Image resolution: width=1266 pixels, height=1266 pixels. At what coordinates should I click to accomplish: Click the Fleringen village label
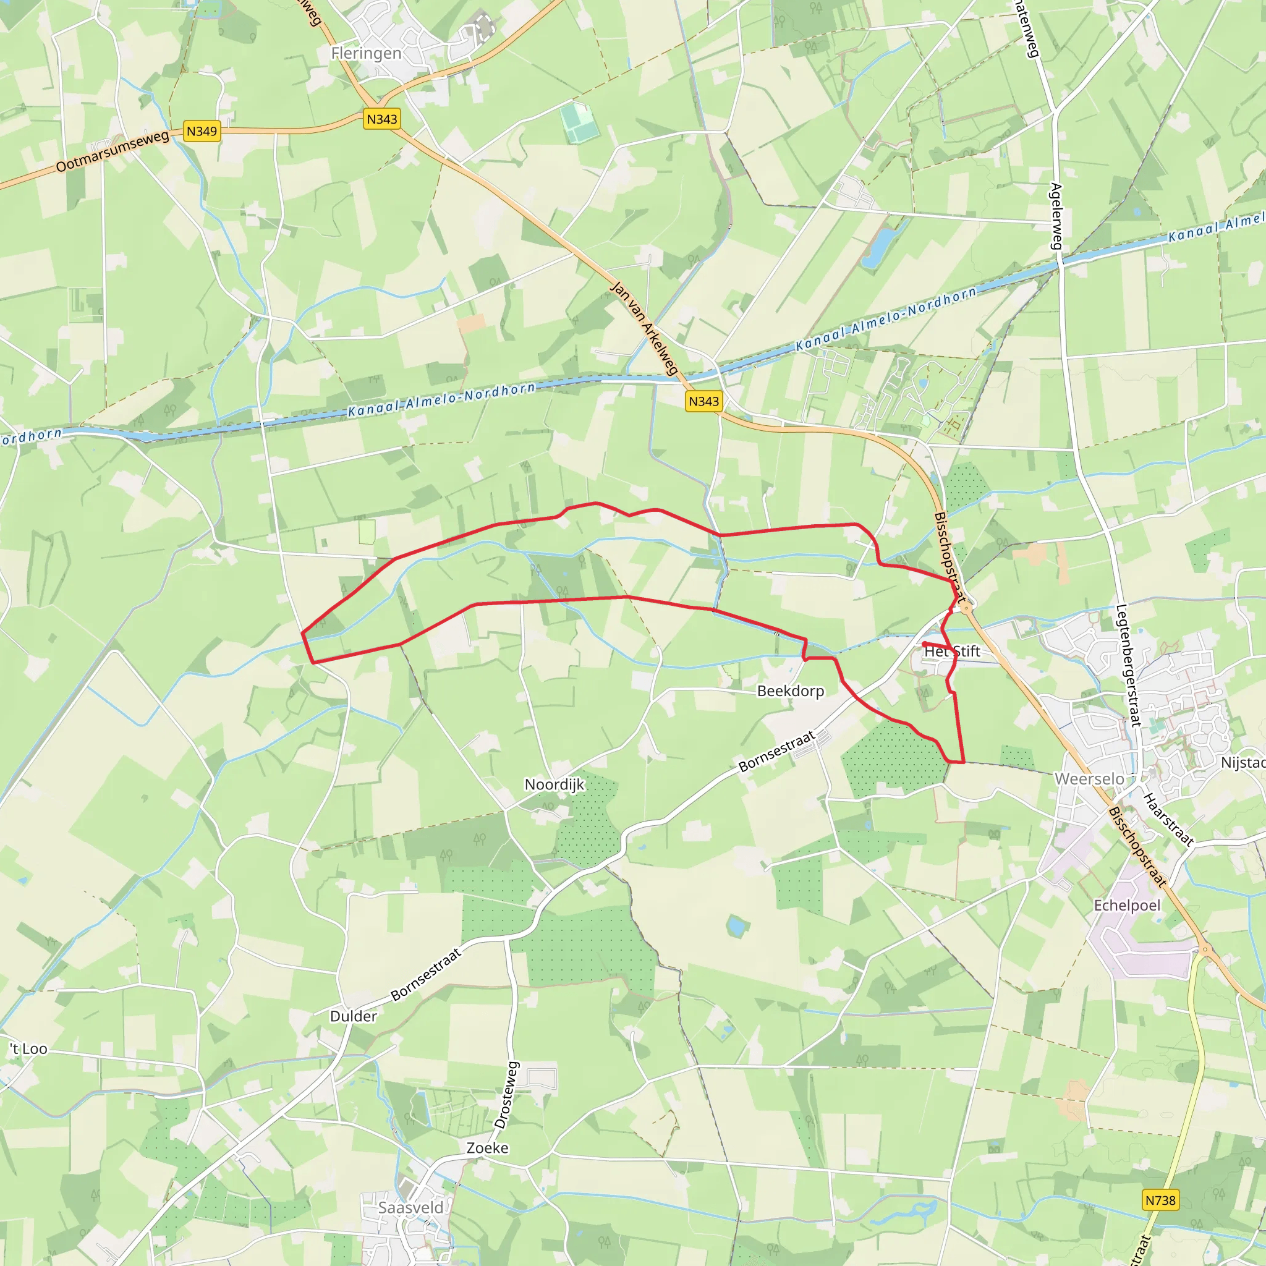tap(366, 53)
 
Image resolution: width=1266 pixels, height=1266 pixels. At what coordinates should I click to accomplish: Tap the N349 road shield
tap(201, 131)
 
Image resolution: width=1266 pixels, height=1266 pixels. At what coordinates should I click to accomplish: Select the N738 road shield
tap(1160, 1200)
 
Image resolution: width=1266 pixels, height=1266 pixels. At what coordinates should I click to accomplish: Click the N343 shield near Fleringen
tap(381, 119)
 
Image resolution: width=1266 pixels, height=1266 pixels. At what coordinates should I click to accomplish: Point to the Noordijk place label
tap(554, 784)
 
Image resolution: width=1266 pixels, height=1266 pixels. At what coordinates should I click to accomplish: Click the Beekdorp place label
tap(790, 690)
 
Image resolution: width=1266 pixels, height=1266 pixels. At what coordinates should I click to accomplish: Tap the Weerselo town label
tap(1089, 778)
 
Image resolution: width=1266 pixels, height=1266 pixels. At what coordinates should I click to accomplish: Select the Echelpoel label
tap(1127, 905)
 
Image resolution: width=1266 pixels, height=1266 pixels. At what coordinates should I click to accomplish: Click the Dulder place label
tap(353, 1016)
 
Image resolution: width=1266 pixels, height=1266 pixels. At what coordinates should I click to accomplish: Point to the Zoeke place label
tap(487, 1147)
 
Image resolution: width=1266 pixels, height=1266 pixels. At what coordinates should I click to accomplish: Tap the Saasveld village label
tap(410, 1207)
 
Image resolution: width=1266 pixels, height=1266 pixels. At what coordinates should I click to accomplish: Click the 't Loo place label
tap(29, 1048)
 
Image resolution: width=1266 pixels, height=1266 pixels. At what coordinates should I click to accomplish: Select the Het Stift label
tap(951, 652)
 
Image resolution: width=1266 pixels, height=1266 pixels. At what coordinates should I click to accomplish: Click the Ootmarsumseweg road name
tap(112, 151)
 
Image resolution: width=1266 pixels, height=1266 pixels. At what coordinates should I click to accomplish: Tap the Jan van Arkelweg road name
tap(644, 328)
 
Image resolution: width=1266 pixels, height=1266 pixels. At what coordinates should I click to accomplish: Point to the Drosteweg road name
tap(506, 1094)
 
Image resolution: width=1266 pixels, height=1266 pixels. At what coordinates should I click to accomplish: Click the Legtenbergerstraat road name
tap(1128, 665)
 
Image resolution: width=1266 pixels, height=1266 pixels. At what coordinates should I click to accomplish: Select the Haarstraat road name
tap(1168, 819)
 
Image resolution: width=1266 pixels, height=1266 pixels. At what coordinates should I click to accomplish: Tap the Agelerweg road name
tap(1056, 216)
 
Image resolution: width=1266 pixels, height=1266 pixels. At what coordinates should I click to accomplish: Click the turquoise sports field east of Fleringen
tap(579, 122)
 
